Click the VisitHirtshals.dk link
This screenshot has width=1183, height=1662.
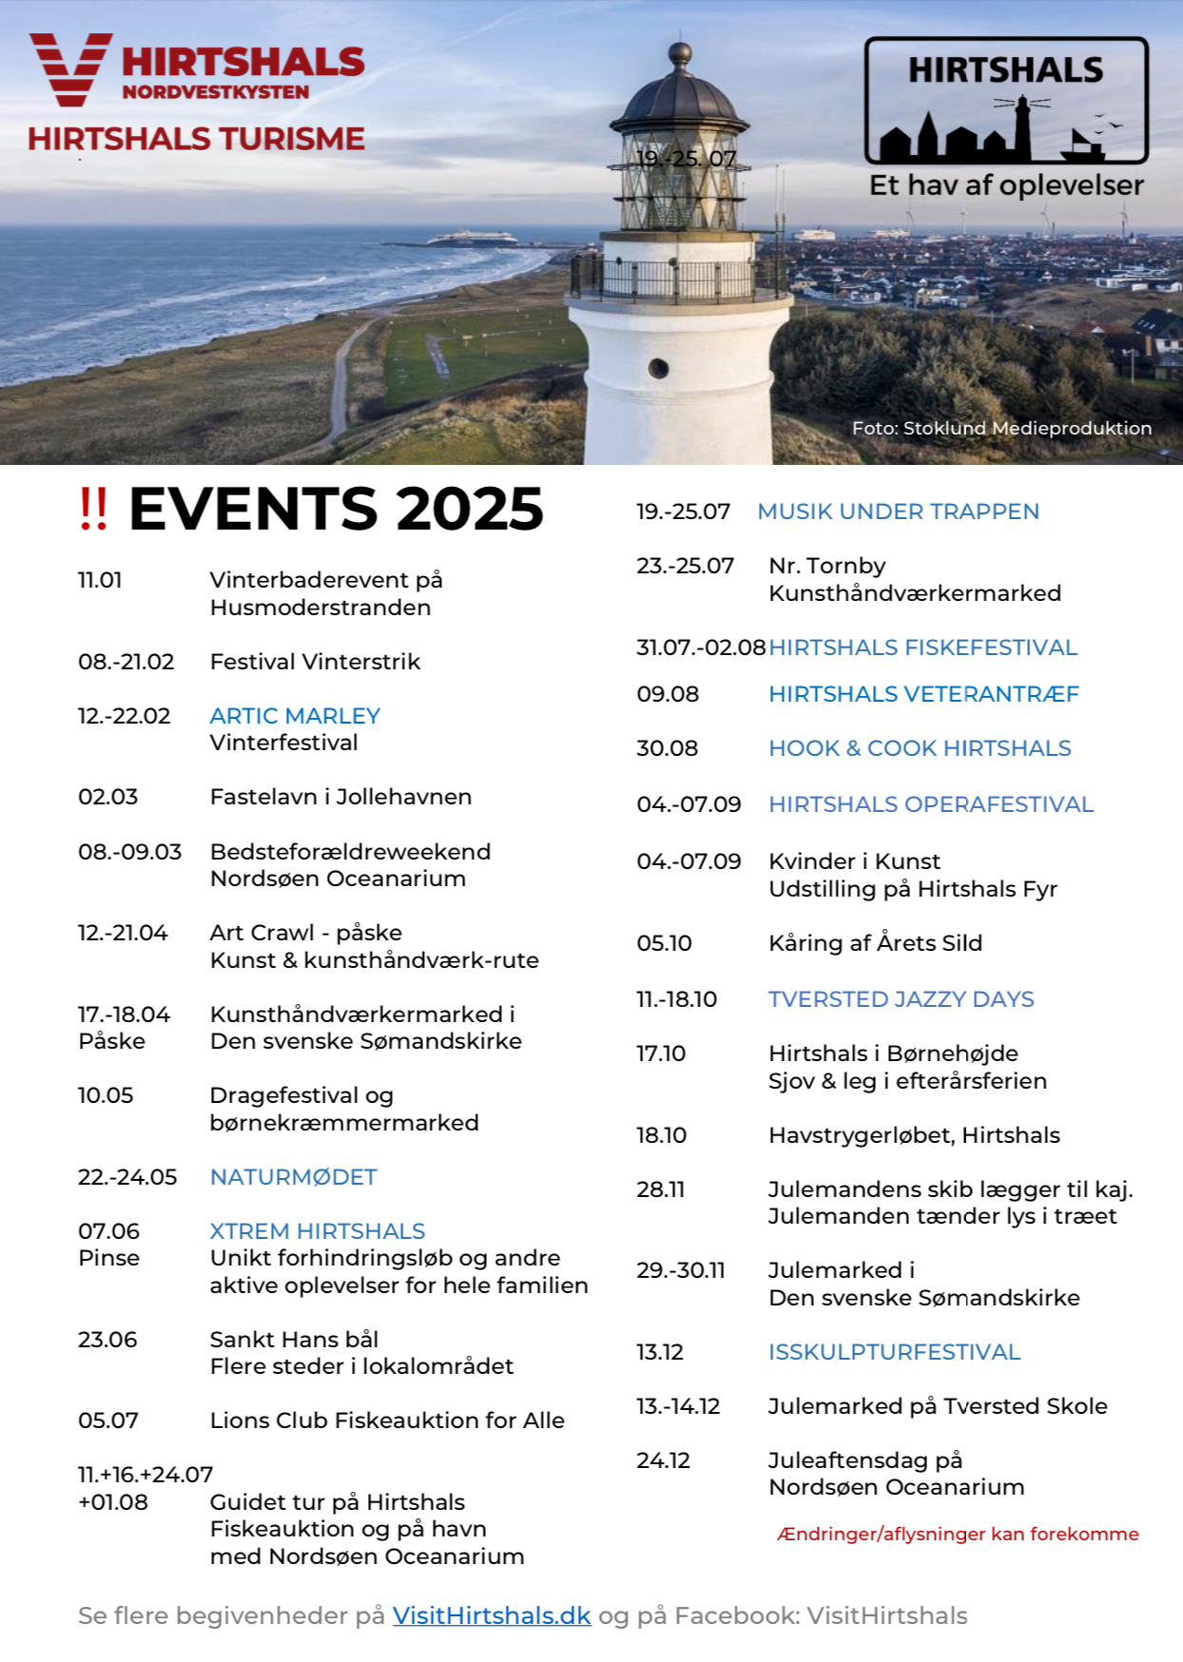(x=492, y=1615)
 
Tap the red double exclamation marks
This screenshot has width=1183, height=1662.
(x=93, y=509)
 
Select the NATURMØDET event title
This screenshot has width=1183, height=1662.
(x=293, y=1177)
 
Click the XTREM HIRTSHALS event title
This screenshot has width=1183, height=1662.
(x=317, y=1231)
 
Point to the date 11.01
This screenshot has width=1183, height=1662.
(x=100, y=580)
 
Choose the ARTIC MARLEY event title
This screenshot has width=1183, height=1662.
(x=295, y=716)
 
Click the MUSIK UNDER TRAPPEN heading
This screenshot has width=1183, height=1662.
(x=898, y=512)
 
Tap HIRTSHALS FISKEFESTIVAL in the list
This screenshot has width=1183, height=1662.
(x=922, y=647)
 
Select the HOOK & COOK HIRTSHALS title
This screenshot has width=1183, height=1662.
(x=920, y=748)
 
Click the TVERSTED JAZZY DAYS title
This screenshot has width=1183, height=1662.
(x=901, y=999)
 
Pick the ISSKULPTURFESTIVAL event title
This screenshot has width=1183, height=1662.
(x=894, y=1352)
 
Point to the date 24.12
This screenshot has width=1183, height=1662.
(x=663, y=1460)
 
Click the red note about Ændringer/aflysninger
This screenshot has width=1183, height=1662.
(x=958, y=1534)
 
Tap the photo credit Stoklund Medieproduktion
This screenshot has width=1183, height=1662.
(x=1001, y=428)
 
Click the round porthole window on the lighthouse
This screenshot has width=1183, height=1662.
(x=658, y=368)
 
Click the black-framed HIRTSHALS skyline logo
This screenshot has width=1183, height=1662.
(x=1006, y=101)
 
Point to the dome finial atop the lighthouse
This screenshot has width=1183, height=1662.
(x=680, y=52)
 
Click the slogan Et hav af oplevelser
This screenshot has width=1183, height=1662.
(x=1006, y=185)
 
